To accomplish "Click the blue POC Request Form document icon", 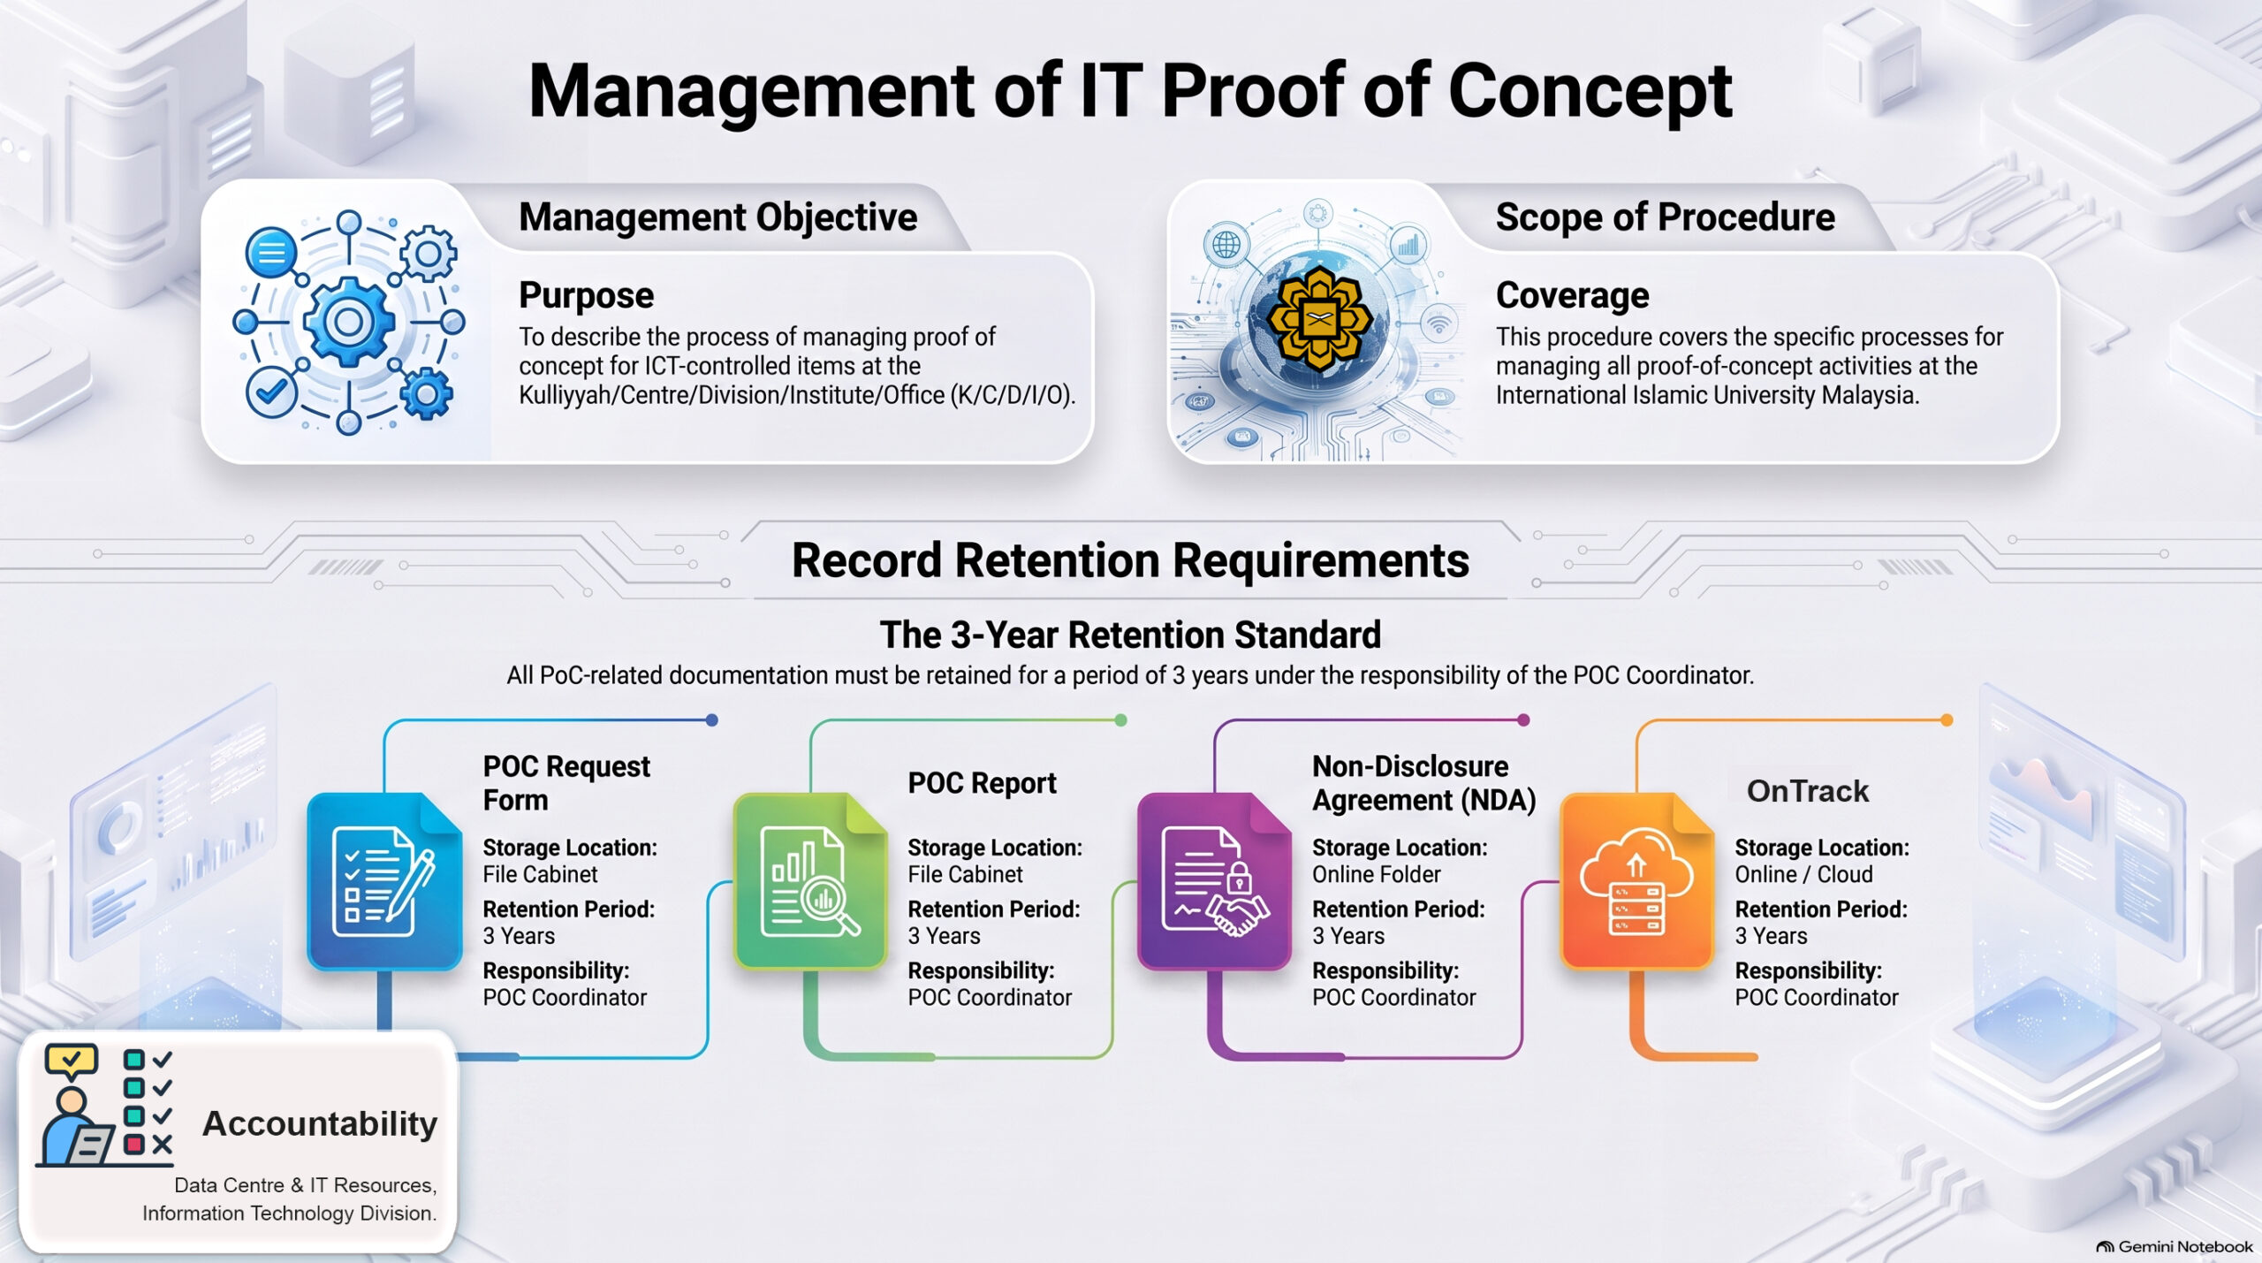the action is pyautogui.click(x=384, y=881).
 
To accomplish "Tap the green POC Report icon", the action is pyautogui.click(x=810, y=881).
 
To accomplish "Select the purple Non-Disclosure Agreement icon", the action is pyautogui.click(x=1215, y=881).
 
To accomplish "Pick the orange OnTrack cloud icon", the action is pyautogui.click(x=1637, y=881).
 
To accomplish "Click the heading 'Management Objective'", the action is pyautogui.click(x=717, y=217).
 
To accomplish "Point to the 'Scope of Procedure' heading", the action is pyautogui.click(x=1665, y=217).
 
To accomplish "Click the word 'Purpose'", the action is pyautogui.click(x=586, y=296).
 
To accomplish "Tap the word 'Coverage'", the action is pyautogui.click(x=1572, y=295).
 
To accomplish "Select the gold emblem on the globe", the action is pyautogui.click(x=1318, y=318).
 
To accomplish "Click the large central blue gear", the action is pyautogui.click(x=349, y=321).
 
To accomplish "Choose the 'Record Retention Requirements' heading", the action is pyautogui.click(x=1130, y=560).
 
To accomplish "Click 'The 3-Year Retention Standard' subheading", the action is pyautogui.click(x=1130, y=635).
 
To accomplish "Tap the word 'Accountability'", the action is pyautogui.click(x=320, y=1124).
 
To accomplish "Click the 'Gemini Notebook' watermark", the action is pyautogui.click(x=2175, y=1246).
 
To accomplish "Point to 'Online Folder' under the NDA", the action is pyautogui.click(x=1376, y=874).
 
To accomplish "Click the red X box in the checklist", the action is pyautogui.click(x=134, y=1145).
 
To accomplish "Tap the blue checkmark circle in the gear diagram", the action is pyautogui.click(x=270, y=392).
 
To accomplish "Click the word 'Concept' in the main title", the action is pyautogui.click(x=1590, y=91).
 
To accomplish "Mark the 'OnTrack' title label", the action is pyautogui.click(x=1807, y=791).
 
